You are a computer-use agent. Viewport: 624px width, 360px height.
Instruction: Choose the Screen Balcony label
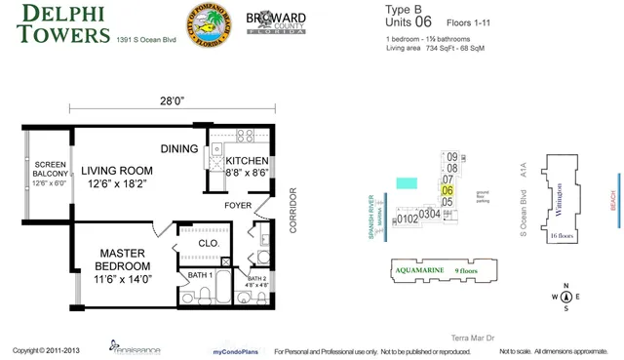pos(49,173)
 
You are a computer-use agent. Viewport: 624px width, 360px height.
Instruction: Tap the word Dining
pos(179,148)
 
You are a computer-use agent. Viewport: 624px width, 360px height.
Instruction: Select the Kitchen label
pos(249,167)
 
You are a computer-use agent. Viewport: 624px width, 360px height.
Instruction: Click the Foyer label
pos(237,206)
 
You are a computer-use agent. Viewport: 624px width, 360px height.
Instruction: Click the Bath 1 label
pos(200,276)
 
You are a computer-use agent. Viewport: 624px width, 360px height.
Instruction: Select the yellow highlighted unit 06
pos(448,190)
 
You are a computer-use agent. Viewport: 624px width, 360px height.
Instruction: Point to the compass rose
pos(565,298)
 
